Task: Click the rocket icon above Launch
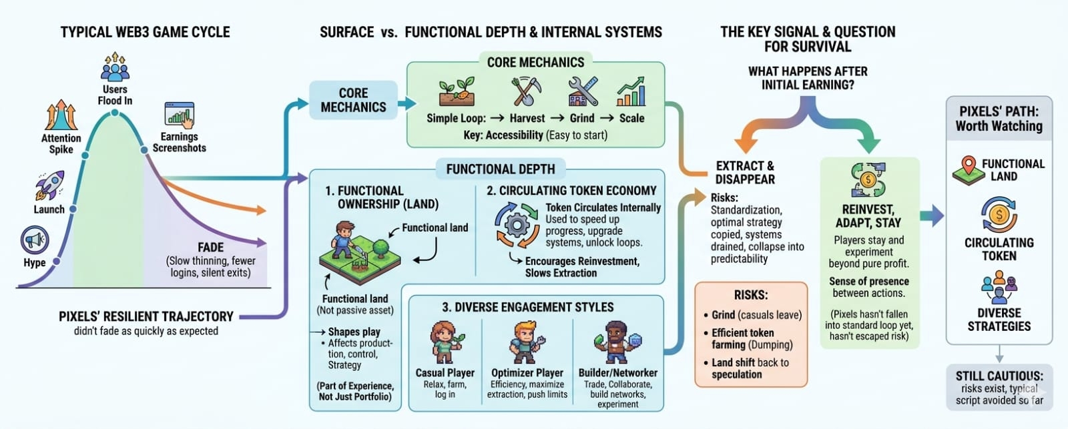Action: tap(50, 184)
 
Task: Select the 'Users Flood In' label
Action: tap(115, 95)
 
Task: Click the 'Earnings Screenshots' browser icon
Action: tap(179, 115)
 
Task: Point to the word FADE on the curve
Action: tap(211, 247)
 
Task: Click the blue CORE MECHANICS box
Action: tap(353, 100)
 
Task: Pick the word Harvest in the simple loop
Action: tap(527, 118)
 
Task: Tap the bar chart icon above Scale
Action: tap(631, 92)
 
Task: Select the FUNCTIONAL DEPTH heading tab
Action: tap(501, 169)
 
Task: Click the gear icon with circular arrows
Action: tap(516, 226)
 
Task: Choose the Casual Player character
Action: tap(444, 342)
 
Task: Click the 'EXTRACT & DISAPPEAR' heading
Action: tap(745, 172)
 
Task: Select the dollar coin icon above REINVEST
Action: tap(868, 179)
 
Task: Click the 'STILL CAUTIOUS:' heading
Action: tap(999, 376)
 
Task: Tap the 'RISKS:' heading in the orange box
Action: tap(751, 295)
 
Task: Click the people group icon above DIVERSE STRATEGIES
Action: tap(999, 287)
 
